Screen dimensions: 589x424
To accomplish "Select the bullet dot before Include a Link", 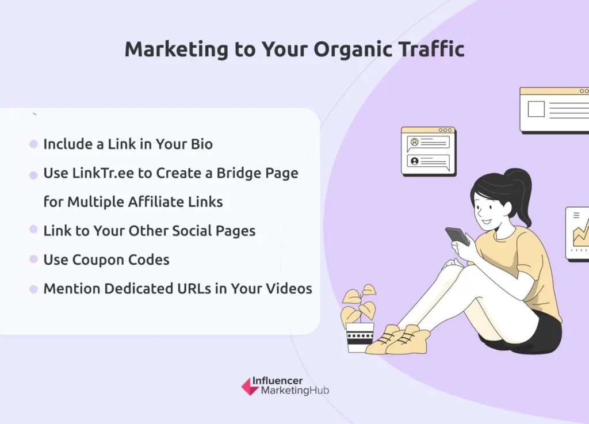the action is (x=33, y=144).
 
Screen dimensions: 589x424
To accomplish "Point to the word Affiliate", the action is (x=155, y=202).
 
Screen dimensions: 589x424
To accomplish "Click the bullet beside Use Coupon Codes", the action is (x=33, y=259).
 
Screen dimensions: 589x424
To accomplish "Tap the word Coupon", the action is (x=98, y=260).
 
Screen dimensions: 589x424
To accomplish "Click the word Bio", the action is (x=202, y=144).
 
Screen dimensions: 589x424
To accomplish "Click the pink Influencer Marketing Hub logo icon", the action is (x=250, y=387).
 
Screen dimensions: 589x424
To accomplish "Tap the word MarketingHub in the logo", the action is (x=295, y=391).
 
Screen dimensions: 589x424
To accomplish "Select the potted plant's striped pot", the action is (x=359, y=337).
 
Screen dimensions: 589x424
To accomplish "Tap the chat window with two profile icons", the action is (x=429, y=151).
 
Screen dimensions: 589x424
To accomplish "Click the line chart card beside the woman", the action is (x=577, y=233).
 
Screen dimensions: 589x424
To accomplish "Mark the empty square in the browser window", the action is (x=536, y=109).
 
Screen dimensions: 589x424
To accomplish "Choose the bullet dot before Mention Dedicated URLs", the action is (x=33, y=289).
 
